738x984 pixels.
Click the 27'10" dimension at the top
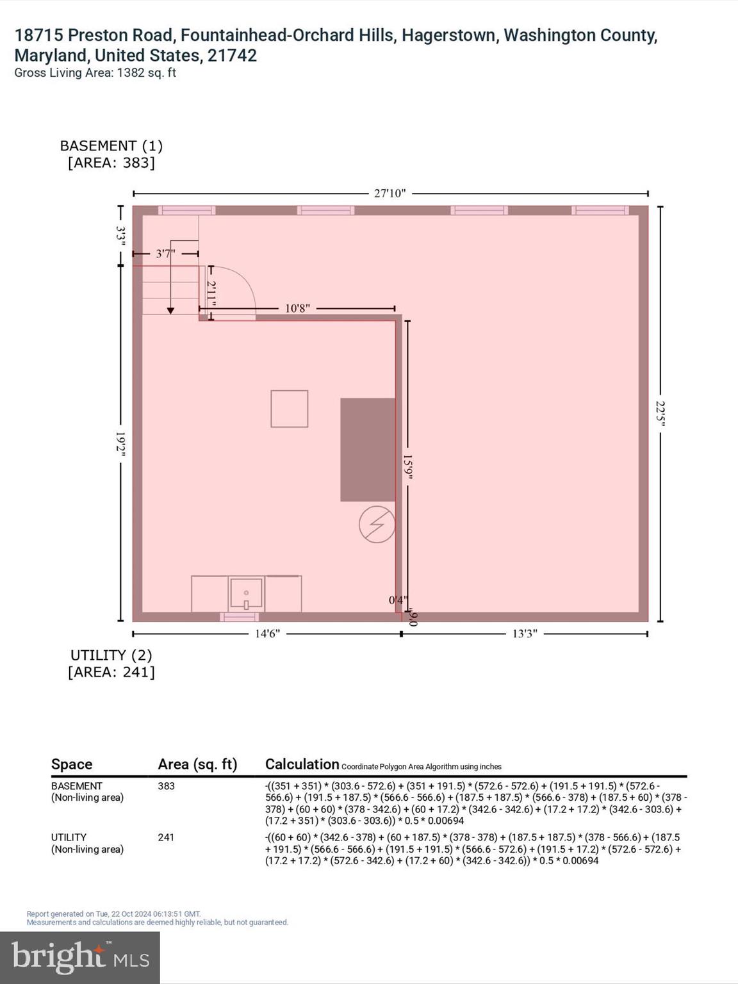(389, 193)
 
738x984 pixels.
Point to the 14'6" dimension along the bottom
(267, 634)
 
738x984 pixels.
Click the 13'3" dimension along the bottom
(524, 634)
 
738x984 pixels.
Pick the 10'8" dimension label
(297, 308)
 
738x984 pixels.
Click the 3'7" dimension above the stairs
(165, 254)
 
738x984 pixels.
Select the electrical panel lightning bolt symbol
(377, 525)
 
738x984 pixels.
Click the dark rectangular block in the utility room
(367, 449)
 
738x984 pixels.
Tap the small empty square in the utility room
(289, 409)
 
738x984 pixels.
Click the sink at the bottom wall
(246, 594)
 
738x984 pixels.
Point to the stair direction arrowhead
(170, 311)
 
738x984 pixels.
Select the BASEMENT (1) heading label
(111, 146)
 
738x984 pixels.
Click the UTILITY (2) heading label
(111, 655)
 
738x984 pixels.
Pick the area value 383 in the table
(166, 786)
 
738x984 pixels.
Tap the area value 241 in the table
(166, 837)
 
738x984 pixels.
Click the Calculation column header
(302, 764)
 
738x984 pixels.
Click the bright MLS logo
(80, 958)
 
